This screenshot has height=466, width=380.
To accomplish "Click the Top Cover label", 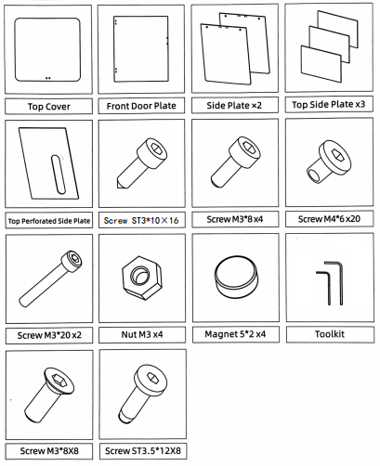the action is click(x=49, y=107).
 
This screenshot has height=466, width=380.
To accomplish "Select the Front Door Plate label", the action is click(x=141, y=106).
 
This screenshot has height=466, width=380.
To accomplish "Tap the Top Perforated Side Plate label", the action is click(x=49, y=221).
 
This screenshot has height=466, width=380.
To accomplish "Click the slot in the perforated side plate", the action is click(x=59, y=175).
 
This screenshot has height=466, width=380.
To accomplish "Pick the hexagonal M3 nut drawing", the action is click(x=142, y=278).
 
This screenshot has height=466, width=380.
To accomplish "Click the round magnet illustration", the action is click(x=235, y=277).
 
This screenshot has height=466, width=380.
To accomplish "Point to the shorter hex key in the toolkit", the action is click(x=323, y=287).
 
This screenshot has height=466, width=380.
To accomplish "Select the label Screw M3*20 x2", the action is click(x=49, y=335).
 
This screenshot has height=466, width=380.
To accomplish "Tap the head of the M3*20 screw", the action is click(x=72, y=261).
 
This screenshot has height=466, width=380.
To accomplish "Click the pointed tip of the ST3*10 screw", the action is click(x=119, y=185).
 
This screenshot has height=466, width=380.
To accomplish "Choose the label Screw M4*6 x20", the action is click(x=329, y=219).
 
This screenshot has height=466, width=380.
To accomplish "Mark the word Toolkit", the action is click(x=330, y=334).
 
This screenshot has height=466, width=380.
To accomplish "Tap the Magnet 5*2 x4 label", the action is click(x=235, y=334).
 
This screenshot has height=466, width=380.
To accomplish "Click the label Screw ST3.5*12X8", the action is click(x=143, y=450).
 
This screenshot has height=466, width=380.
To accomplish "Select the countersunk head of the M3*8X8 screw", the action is click(x=59, y=381).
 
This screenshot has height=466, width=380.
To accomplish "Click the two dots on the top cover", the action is click(x=48, y=78).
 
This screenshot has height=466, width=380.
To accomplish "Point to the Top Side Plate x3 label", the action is click(x=329, y=105).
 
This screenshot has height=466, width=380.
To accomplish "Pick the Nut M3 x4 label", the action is click(x=142, y=334).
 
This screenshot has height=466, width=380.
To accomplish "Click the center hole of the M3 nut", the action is click(x=138, y=275).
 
